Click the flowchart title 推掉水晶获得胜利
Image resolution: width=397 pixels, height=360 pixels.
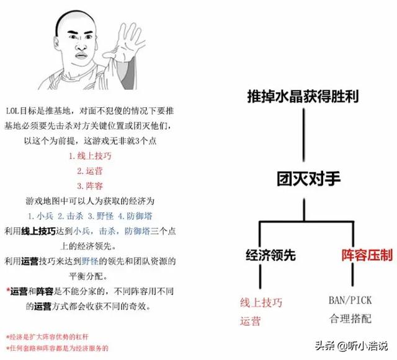(303, 96)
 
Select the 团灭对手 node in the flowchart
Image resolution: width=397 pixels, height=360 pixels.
(308, 178)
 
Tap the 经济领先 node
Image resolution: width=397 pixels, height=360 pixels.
(270, 255)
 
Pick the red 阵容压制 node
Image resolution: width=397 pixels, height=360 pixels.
(367, 255)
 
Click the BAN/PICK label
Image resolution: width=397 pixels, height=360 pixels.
(350, 301)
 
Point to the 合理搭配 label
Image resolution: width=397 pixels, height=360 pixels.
(350, 318)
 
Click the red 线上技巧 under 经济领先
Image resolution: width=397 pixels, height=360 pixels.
(261, 302)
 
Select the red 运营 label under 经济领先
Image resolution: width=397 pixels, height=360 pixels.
(251, 321)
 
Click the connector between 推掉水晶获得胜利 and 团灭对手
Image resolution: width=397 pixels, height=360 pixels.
(304, 135)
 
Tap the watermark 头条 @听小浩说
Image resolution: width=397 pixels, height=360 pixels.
(352, 346)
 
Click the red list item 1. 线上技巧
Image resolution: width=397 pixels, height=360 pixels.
(90, 156)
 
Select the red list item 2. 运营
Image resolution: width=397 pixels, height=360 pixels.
(90, 171)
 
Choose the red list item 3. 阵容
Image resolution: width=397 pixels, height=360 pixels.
(90, 186)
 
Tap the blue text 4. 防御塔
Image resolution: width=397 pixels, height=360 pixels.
(135, 216)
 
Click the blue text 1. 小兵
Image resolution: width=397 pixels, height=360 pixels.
(40, 216)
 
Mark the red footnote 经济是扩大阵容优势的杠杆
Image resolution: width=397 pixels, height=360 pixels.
(47, 336)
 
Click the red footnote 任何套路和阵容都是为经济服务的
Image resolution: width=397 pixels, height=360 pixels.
(57, 348)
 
